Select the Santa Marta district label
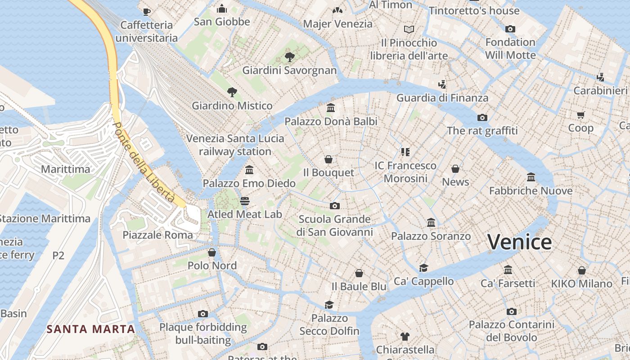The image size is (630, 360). click(91, 329)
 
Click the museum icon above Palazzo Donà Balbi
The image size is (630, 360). click(331, 108)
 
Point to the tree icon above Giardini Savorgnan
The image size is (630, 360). click(290, 57)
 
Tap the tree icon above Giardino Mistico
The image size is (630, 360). click(232, 92)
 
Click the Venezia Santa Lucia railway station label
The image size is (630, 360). click(235, 144)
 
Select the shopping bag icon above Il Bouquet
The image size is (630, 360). click(328, 159)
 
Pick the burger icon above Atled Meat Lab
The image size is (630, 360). click(245, 201)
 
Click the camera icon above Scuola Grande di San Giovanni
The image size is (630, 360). click(334, 206)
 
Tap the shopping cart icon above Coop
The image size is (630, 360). click(580, 115)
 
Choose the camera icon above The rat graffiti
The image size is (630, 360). click(482, 117)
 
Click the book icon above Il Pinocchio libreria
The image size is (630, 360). click(409, 29)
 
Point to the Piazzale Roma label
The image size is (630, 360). click(157, 235)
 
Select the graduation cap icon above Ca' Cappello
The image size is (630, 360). click(423, 268)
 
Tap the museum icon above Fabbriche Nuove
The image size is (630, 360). click(531, 177)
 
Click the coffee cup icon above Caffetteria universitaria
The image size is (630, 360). click(146, 12)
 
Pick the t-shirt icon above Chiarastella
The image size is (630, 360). click(405, 336)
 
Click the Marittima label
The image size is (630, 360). click(66, 169)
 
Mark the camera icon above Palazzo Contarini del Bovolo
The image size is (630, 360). click(511, 311)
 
